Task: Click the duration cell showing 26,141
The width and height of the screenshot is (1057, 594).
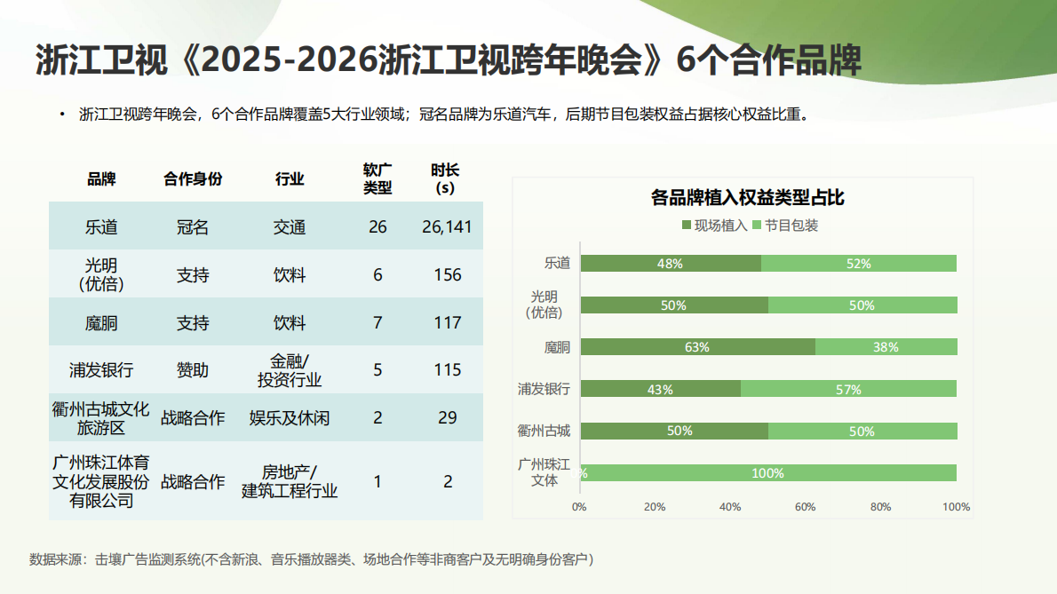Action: [447, 227]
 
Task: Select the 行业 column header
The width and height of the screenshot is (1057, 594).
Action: [290, 178]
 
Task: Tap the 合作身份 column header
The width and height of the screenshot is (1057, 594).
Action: [193, 178]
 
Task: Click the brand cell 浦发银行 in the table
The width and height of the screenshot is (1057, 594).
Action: [101, 370]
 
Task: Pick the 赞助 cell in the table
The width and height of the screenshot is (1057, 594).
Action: [193, 370]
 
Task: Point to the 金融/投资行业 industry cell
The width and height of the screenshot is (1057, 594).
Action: [290, 370]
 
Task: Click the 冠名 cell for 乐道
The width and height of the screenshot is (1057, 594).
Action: [193, 227]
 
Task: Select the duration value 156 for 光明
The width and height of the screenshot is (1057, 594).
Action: [448, 275]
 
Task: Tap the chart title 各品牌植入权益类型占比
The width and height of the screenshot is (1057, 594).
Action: [747, 197]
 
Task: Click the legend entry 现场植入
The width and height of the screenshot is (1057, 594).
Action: [714, 226]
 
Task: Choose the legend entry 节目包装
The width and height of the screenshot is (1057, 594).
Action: [785, 226]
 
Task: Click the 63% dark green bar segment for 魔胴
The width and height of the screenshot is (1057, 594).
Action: [697, 347]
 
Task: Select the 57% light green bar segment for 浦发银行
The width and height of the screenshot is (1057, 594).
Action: [848, 389]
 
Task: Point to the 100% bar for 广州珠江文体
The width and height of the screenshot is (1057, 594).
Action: [768, 473]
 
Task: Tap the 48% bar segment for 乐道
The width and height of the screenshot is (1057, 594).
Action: [670, 264]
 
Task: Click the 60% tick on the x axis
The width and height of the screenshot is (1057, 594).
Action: [806, 507]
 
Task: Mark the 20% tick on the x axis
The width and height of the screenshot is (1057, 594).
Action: [655, 507]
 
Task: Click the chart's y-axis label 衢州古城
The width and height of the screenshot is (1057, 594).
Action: [544, 431]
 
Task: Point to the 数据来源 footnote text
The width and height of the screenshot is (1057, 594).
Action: [311, 559]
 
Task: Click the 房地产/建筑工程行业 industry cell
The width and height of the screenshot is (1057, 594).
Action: [290, 480]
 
